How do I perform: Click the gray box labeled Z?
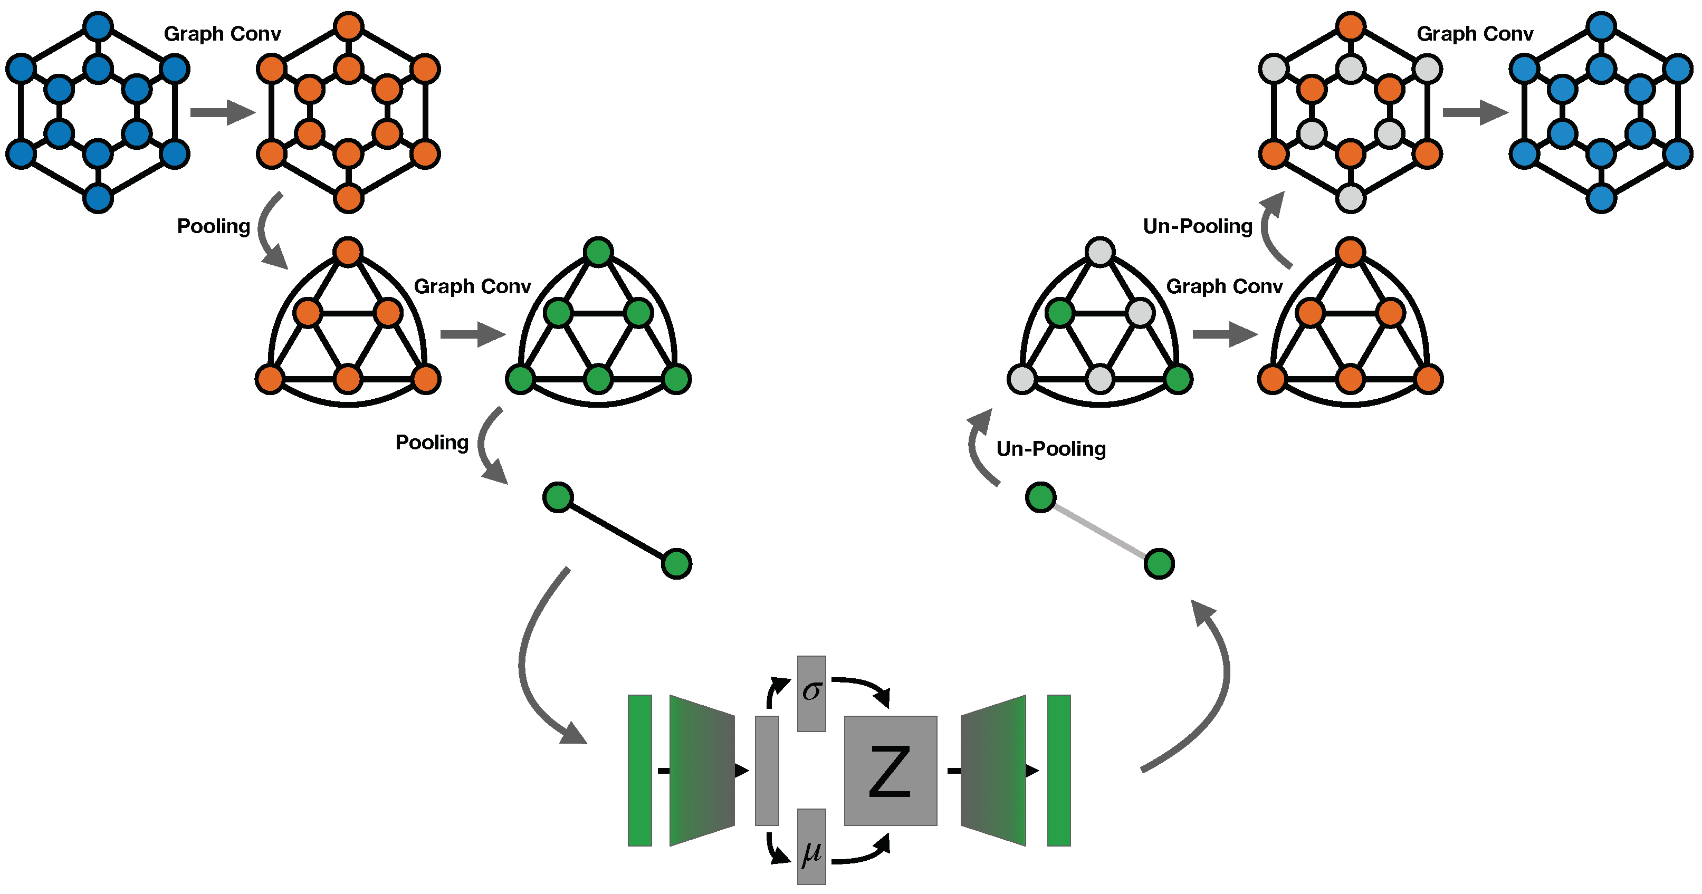(x=890, y=771)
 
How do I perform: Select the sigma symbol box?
(x=811, y=693)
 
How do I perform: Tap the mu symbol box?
(x=811, y=847)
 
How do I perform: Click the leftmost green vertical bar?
(x=639, y=771)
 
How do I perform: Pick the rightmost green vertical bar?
(x=1058, y=771)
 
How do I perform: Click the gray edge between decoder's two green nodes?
(x=1100, y=531)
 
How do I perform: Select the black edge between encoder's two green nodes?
(x=617, y=531)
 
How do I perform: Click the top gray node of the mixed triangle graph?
(x=1100, y=252)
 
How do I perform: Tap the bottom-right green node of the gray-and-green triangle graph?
(x=1178, y=379)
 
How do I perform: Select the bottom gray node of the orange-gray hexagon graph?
(x=1351, y=198)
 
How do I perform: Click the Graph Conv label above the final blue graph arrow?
(x=1475, y=34)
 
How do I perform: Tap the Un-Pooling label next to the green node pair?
(x=1050, y=449)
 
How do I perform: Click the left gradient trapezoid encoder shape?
(x=702, y=771)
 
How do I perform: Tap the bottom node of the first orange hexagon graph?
(x=348, y=198)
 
